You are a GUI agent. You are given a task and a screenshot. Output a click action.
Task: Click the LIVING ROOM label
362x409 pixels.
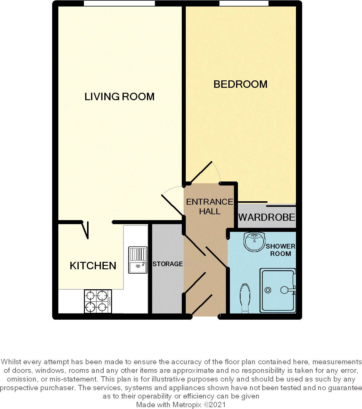click(x=119, y=97)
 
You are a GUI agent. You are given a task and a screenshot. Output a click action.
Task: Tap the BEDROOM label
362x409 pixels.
click(x=240, y=84)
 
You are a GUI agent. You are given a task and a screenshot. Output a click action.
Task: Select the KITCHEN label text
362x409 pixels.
click(x=93, y=266)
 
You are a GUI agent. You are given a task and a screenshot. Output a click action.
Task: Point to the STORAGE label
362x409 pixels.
click(x=168, y=264)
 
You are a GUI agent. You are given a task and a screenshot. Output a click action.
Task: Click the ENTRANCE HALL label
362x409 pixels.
click(x=210, y=207)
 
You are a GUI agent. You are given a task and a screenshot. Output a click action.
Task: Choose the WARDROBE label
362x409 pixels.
click(x=267, y=217)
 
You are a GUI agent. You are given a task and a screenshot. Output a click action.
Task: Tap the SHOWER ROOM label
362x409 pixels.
click(x=280, y=250)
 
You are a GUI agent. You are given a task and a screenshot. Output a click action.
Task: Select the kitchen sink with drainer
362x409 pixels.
click(x=138, y=260)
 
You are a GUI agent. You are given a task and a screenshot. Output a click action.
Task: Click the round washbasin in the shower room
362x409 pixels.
click(x=254, y=241)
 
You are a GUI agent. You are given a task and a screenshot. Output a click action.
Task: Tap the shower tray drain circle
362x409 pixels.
click(x=268, y=290)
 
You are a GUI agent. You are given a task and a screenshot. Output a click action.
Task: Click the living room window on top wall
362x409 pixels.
click(x=119, y=3)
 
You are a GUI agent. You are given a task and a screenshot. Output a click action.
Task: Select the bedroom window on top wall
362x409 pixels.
click(x=244, y=3)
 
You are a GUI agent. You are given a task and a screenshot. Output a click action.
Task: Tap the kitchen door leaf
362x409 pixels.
click(x=85, y=230)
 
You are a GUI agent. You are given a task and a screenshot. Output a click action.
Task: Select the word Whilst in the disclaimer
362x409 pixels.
click(x=11, y=362)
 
